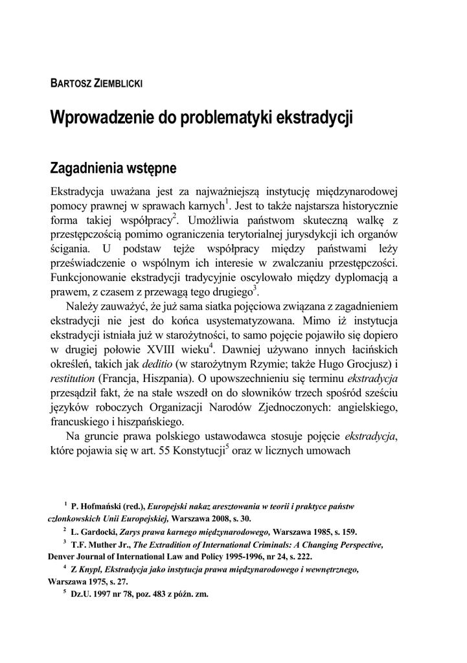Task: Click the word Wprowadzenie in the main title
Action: tap(98, 119)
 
